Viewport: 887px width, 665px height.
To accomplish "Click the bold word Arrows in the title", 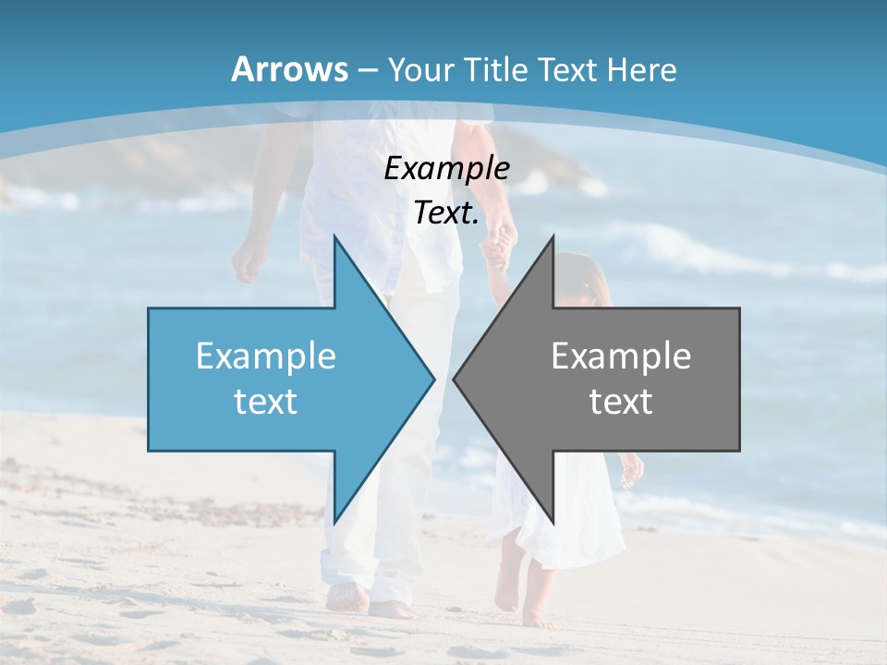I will [x=290, y=69].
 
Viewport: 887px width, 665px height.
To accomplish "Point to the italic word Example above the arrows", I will [x=446, y=168].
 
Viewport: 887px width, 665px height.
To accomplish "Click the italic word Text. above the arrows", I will [x=446, y=213].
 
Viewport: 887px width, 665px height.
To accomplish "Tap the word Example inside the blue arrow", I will [x=266, y=357].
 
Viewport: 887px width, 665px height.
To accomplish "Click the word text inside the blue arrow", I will [x=266, y=402].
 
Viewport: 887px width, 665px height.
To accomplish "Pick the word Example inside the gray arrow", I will [x=621, y=357].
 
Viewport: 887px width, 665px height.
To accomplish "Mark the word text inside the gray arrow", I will [x=621, y=402].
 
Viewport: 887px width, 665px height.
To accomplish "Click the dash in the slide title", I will [x=367, y=69].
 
